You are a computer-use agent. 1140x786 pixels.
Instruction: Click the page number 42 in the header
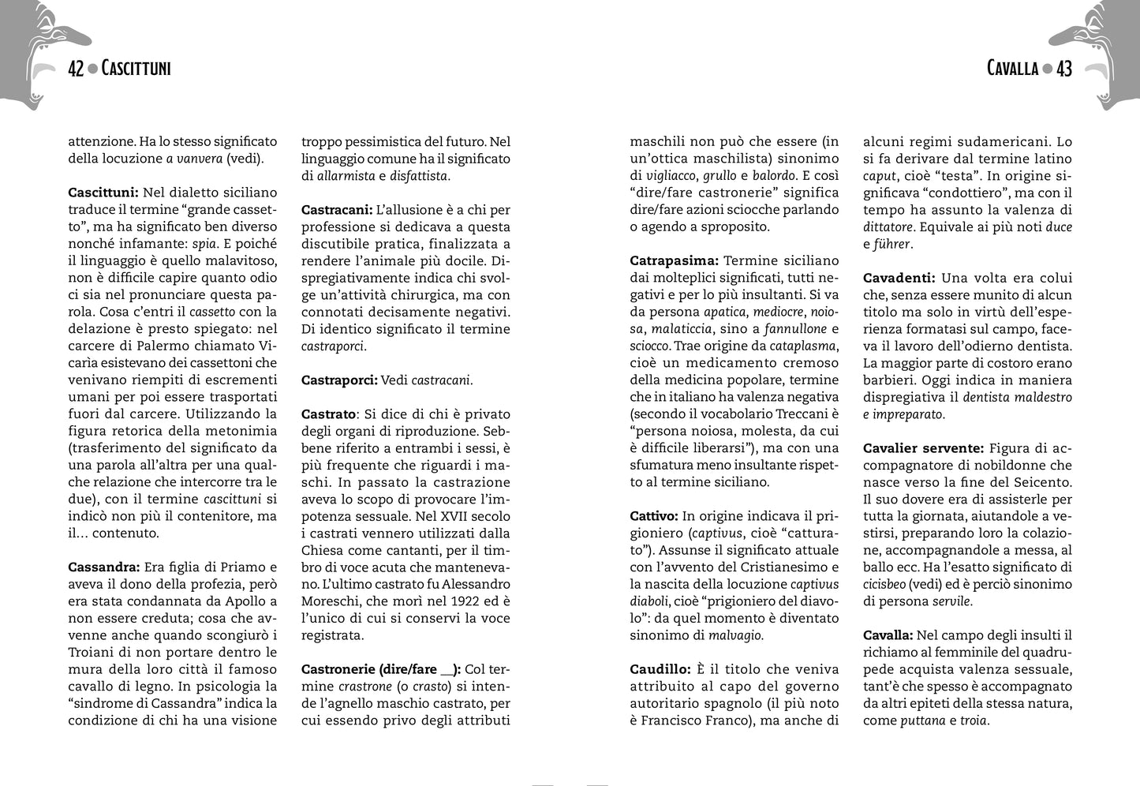pos(76,69)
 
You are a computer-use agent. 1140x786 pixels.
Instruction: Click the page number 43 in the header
pos(1064,69)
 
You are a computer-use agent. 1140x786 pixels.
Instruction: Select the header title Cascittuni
pos(136,69)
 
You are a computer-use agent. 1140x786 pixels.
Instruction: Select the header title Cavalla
pos(1012,69)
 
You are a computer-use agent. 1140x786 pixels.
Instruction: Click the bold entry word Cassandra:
pos(104,567)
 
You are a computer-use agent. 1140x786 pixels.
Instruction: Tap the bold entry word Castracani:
pos(337,210)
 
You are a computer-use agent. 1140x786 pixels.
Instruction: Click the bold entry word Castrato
pos(328,414)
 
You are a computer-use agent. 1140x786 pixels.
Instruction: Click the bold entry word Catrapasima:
pos(674,260)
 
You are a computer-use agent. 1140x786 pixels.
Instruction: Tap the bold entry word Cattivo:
pos(654,515)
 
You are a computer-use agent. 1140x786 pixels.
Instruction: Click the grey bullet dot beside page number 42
pos(92,69)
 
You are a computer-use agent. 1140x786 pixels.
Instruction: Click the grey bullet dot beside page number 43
pos(1048,69)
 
